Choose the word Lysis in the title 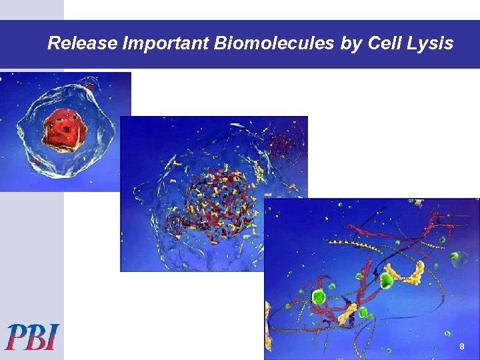pos(431,44)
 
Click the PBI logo pos(33,337)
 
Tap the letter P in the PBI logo pos(17,337)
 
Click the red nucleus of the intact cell pos(64,129)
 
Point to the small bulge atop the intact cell pos(89,85)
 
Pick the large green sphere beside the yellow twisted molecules pos(387,280)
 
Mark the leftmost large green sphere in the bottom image pos(319,296)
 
